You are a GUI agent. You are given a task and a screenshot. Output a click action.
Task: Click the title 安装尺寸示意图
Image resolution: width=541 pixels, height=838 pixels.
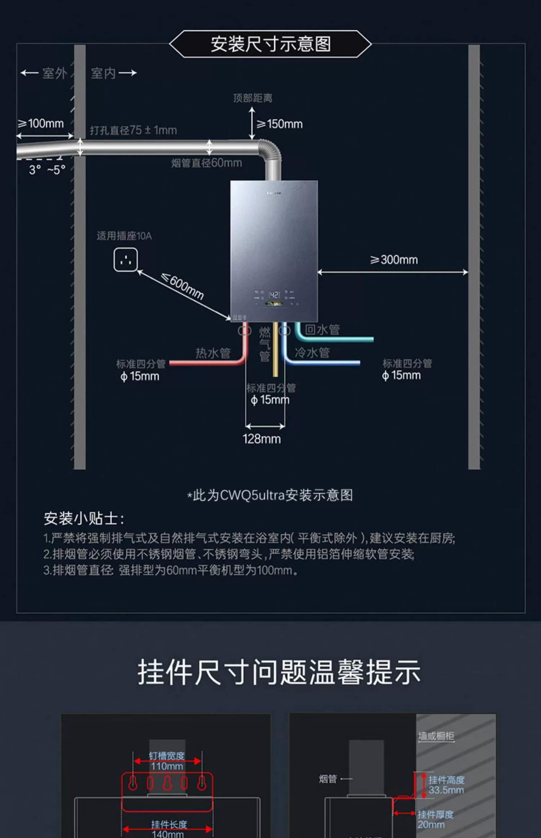pyautogui.click(x=270, y=44)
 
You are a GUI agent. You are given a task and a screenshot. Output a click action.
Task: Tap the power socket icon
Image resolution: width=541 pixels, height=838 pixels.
pyautogui.click(x=126, y=259)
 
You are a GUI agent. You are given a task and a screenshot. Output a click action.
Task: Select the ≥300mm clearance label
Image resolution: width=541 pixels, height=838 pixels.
pyautogui.click(x=394, y=260)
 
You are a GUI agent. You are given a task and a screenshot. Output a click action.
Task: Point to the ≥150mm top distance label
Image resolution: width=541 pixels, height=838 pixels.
pyautogui.click(x=280, y=124)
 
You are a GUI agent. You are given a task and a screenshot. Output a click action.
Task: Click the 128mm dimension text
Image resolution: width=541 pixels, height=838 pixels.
pyautogui.click(x=261, y=439)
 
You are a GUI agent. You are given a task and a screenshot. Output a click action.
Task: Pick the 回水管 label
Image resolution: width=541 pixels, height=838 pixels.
pyautogui.click(x=322, y=329)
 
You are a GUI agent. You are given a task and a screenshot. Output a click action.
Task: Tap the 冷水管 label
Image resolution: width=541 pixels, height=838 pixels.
pyautogui.click(x=312, y=353)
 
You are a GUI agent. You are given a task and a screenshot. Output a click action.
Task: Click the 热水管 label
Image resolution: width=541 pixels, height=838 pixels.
pyautogui.click(x=213, y=353)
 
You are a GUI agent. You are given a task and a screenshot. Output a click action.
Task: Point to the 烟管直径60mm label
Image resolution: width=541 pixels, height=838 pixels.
pyautogui.click(x=206, y=163)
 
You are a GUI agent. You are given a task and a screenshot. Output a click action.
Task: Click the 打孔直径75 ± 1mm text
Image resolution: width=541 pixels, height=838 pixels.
pyautogui.click(x=133, y=130)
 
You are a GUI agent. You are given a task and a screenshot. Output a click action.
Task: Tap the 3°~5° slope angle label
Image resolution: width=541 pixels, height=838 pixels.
pyautogui.click(x=47, y=170)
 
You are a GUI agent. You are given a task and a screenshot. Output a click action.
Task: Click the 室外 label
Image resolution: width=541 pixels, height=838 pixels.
pyautogui.click(x=54, y=73)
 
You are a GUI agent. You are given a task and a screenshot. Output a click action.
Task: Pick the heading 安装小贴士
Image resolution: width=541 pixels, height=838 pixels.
pyautogui.click(x=84, y=519)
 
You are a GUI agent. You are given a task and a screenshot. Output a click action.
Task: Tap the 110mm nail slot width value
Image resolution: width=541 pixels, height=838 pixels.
pyautogui.click(x=167, y=766)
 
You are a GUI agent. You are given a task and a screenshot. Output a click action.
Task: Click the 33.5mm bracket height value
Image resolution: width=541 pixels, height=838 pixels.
pyautogui.click(x=446, y=790)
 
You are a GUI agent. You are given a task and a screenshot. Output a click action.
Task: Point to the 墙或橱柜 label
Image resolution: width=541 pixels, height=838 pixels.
pyautogui.click(x=436, y=736)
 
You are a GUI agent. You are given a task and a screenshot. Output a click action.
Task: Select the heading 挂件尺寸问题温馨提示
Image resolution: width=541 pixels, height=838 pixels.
pyautogui.click(x=279, y=672)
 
